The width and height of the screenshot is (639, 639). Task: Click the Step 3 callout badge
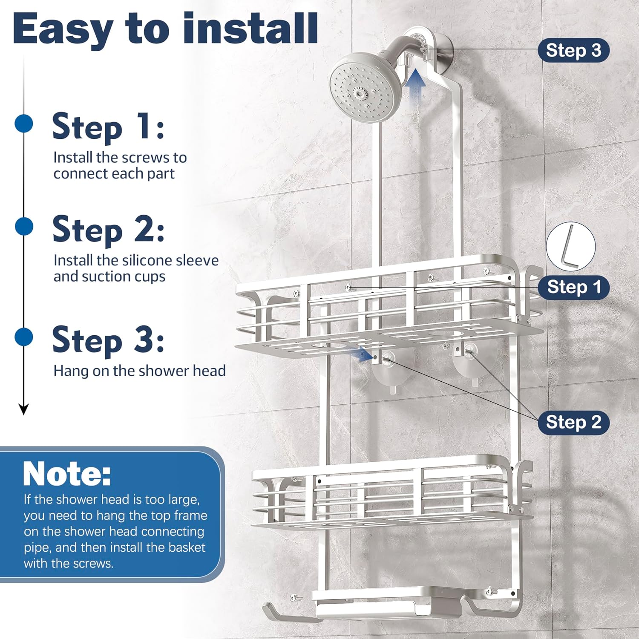pos(573,50)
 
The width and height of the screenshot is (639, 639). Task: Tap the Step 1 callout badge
pos(573,287)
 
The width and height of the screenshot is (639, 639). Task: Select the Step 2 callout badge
pos(573,422)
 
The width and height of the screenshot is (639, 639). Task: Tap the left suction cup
pos(389,369)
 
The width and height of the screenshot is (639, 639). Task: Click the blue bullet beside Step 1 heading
pos(24,124)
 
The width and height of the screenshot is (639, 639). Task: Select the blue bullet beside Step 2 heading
pos(24,226)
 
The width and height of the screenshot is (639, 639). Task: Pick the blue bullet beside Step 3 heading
pos(24,337)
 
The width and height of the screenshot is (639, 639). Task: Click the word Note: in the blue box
pos(67,474)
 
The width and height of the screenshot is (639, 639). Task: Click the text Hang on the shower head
pos(139,371)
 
